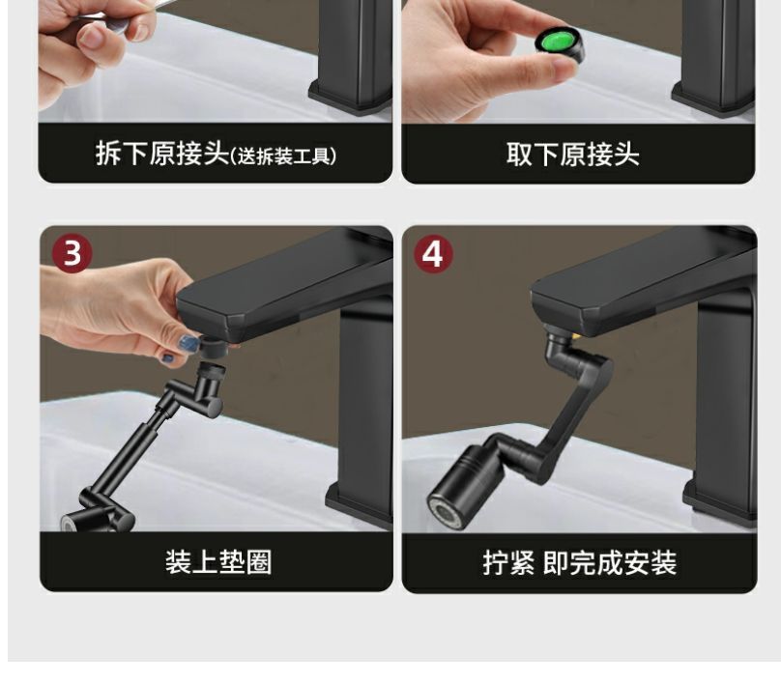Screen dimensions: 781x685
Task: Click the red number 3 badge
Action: (x=72, y=253)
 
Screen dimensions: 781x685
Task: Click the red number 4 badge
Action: (x=433, y=254)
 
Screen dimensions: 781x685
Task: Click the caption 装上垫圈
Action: (x=218, y=562)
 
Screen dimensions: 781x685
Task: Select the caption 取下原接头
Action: (x=573, y=154)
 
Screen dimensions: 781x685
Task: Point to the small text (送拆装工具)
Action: (x=283, y=157)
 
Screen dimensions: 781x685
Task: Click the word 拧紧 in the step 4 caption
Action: (x=508, y=563)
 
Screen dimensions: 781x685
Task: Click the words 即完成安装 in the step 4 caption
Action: (x=610, y=563)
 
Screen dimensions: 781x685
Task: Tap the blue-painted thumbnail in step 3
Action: (x=189, y=342)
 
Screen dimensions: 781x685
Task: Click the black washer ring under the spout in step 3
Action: (x=214, y=346)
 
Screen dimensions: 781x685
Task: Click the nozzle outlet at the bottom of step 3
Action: (x=69, y=523)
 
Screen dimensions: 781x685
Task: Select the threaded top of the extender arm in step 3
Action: (x=212, y=370)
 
